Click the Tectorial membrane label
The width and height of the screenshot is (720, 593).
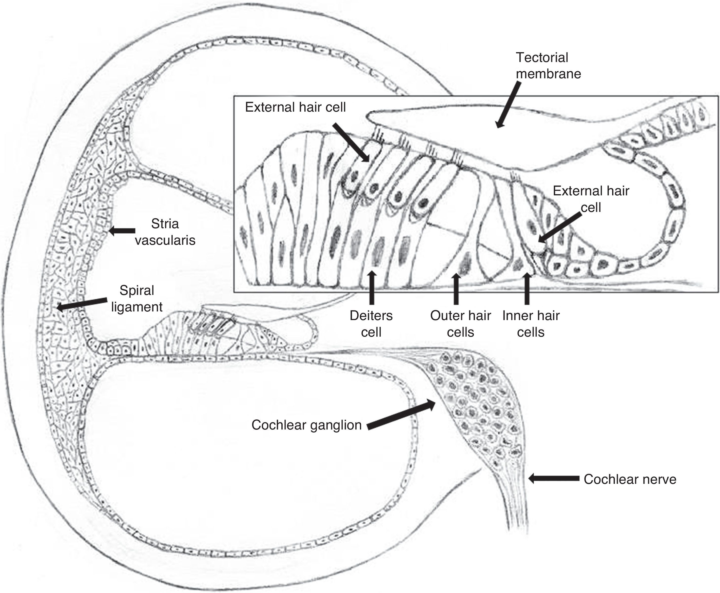[x=548, y=66]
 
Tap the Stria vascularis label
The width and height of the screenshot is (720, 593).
[x=165, y=232]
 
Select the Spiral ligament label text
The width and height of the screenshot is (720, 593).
[x=136, y=299]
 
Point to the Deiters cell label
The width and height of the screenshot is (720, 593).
[x=371, y=324]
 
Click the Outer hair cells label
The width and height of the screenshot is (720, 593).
[x=460, y=324]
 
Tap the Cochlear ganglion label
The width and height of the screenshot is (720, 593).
[x=306, y=425]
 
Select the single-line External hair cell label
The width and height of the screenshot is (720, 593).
[x=295, y=107]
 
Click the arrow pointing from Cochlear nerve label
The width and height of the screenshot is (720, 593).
[x=553, y=479]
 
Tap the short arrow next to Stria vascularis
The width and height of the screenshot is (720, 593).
[x=122, y=231]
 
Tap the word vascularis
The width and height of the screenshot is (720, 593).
[x=165, y=240]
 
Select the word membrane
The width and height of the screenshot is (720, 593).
[x=548, y=74]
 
